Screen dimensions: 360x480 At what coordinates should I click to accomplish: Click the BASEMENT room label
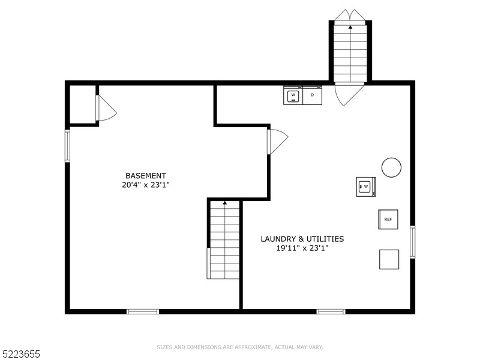(146, 176)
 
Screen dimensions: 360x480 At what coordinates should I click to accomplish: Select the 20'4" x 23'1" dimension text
(146, 185)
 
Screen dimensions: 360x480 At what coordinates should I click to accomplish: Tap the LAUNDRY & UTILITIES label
(302, 239)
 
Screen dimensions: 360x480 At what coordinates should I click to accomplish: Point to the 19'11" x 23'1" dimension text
(302, 248)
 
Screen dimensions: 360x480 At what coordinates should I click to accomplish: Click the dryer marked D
(312, 95)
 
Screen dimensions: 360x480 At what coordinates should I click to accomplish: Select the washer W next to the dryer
(293, 95)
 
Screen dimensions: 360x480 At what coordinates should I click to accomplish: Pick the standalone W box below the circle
(365, 187)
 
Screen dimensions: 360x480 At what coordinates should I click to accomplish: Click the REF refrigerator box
(388, 220)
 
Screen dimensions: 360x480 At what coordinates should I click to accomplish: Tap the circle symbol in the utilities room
(392, 167)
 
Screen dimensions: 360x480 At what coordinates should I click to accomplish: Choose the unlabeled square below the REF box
(389, 259)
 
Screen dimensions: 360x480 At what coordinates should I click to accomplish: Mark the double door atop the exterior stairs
(350, 14)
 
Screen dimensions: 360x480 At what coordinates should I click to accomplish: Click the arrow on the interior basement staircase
(225, 203)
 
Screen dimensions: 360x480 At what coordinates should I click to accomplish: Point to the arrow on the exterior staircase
(350, 27)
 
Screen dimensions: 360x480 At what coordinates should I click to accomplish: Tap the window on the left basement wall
(67, 146)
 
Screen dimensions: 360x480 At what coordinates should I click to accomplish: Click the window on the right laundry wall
(412, 241)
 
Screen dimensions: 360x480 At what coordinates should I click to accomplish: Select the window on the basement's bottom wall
(143, 311)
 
